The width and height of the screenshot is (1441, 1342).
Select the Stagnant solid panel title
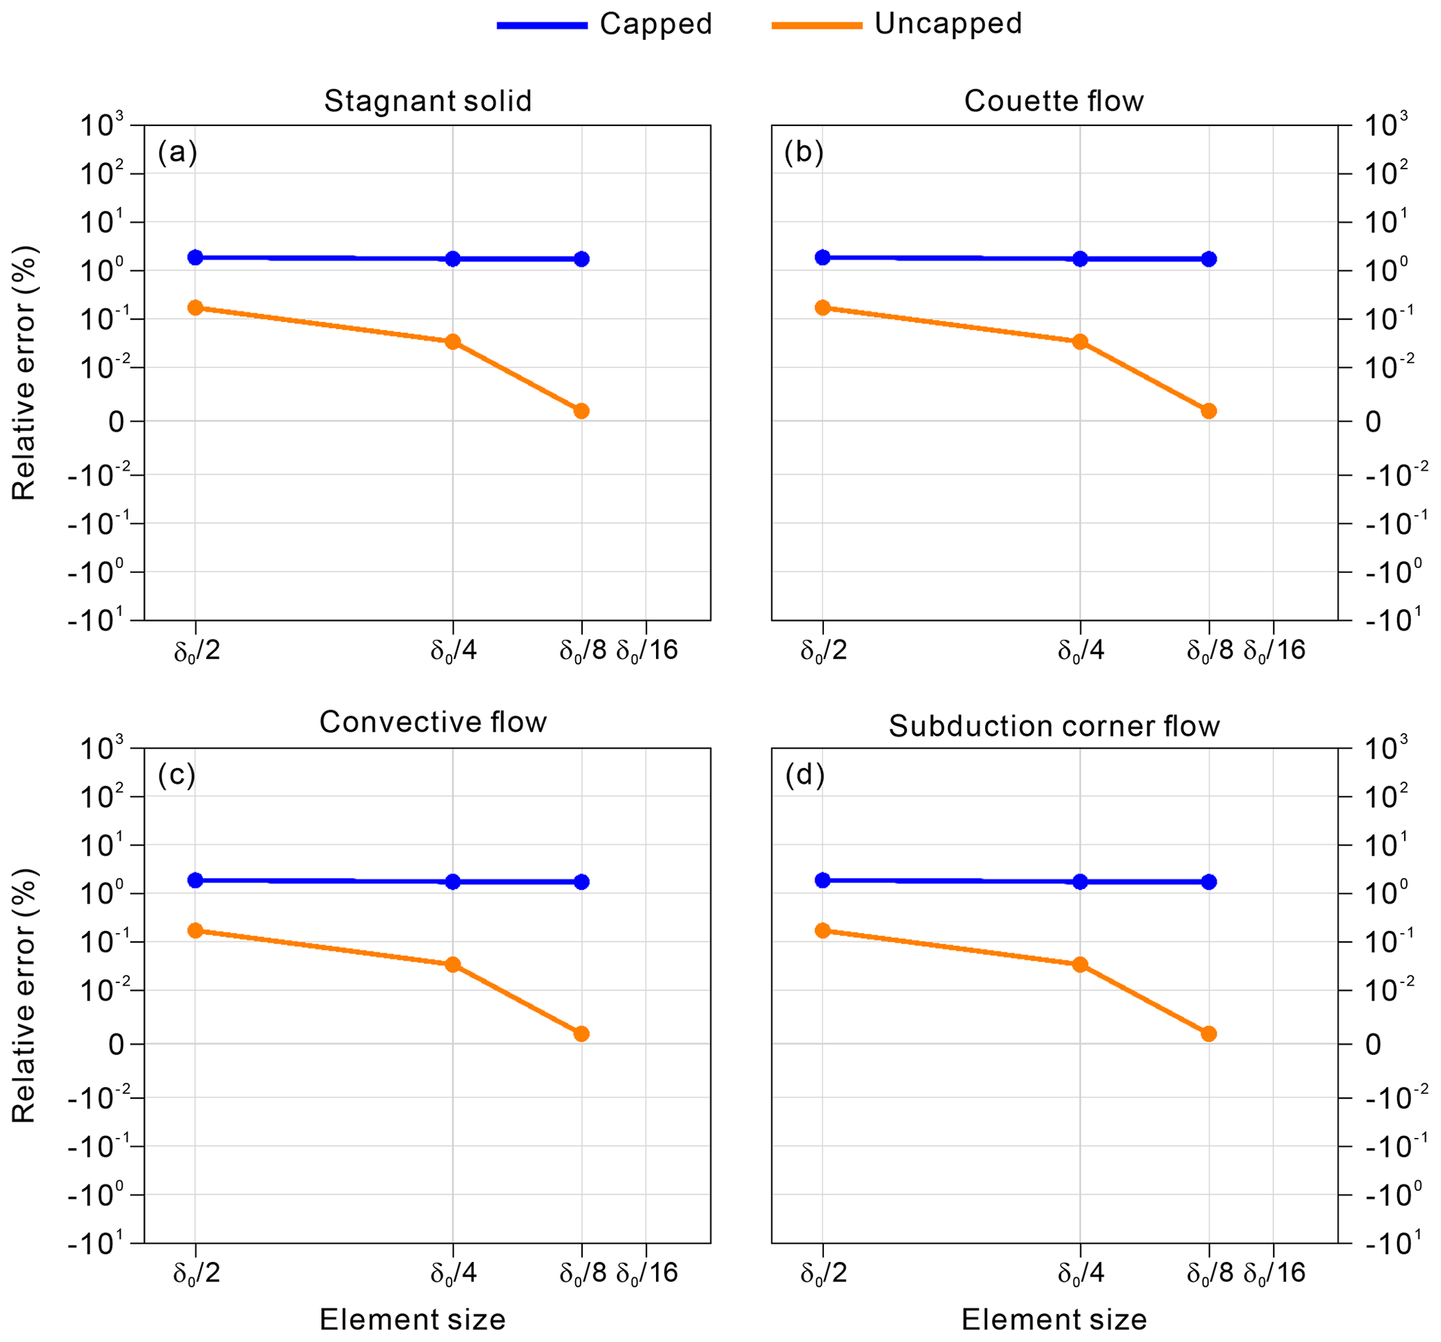tap(427, 101)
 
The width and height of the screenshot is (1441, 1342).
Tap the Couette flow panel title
tap(1053, 101)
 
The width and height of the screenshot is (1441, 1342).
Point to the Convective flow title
tap(433, 722)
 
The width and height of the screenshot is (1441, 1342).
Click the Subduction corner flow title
tap(1054, 726)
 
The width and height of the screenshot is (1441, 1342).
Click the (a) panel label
tap(177, 152)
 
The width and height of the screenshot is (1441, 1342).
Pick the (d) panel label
tap(805, 776)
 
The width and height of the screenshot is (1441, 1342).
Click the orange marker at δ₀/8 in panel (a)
tap(581, 411)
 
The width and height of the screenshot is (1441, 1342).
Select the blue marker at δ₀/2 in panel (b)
tap(822, 257)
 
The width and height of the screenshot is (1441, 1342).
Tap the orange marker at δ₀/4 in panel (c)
tap(453, 964)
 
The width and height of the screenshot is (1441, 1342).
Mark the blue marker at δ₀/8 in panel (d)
tap(1208, 882)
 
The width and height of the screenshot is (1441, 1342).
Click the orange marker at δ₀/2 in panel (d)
tap(822, 930)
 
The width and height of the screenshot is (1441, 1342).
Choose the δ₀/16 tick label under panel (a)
tap(646, 651)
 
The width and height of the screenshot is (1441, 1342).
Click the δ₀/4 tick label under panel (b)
tap(1080, 651)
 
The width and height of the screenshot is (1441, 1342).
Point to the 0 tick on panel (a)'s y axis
tap(116, 422)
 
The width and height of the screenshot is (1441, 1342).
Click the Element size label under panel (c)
tap(412, 1320)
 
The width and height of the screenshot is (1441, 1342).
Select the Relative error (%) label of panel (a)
tap(24, 373)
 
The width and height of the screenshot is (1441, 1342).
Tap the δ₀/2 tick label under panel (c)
tap(196, 1273)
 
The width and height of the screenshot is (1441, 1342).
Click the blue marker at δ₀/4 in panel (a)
tap(453, 259)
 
